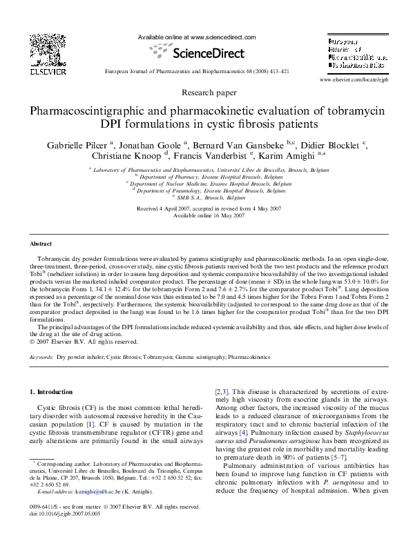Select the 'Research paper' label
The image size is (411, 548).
click(x=205, y=92)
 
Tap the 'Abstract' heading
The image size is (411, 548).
click(x=43, y=244)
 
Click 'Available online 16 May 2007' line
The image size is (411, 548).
click(x=205, y=216)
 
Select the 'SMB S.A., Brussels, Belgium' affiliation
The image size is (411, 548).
click(x=206, y=198)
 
